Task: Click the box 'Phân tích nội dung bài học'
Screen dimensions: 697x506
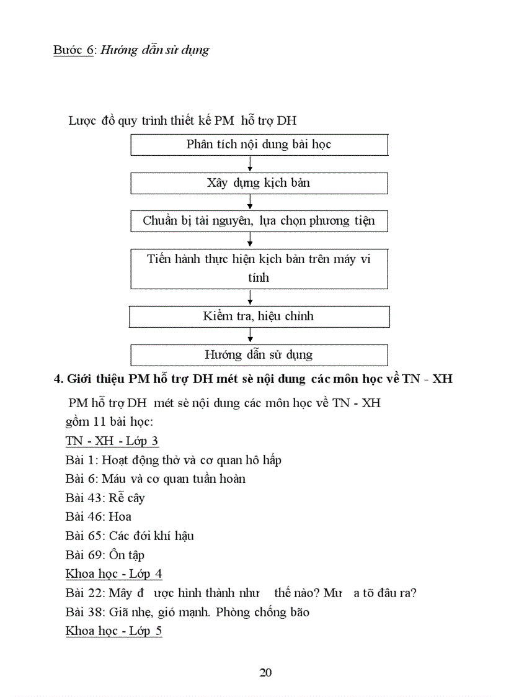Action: pos(259,145)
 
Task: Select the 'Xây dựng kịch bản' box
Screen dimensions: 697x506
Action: pos(259,183)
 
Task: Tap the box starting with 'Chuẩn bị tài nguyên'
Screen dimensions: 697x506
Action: pos(259,221)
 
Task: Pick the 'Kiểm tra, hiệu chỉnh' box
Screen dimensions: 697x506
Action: pos(259,316)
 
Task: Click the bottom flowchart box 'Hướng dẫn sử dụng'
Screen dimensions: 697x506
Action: pos(259,355)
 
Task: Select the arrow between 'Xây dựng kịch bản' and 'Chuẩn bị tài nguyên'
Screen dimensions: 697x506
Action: pos(250,202)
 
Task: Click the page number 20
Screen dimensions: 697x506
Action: pos(265,672)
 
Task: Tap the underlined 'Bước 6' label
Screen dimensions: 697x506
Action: pos(73,50)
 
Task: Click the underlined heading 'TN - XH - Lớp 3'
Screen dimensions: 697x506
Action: pos(112,441)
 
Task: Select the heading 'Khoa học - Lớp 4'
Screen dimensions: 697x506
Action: pos(113,573)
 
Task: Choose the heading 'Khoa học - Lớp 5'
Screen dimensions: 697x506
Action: pos(113,631)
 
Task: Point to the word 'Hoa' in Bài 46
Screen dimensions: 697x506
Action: pos(120,516)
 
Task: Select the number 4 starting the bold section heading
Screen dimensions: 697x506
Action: pos(57,379)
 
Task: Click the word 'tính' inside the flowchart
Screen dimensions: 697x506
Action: pos(259,277)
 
